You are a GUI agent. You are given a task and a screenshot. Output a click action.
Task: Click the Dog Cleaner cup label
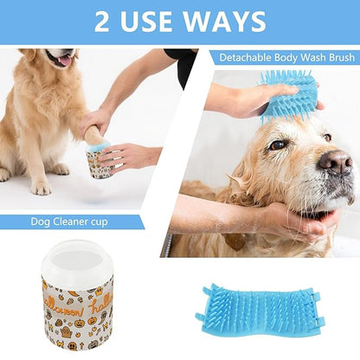[x=71, y=222]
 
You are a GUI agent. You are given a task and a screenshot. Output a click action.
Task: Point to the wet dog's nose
[x=334, y=161]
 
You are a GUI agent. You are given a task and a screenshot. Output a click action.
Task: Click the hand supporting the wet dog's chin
[x=299, y=222]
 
